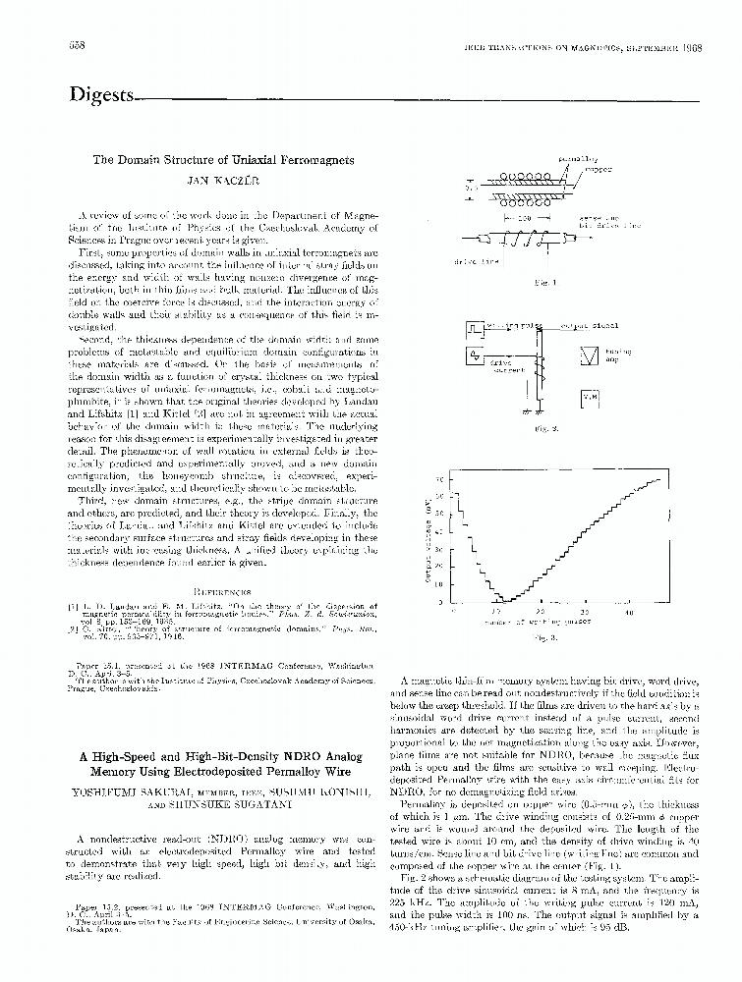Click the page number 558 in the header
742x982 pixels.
(x=78, y=47)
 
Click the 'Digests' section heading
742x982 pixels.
(x=100, y=95)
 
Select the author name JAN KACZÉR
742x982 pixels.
(x=224, y=181)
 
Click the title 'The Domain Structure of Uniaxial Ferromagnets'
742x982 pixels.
(x=224, y=159)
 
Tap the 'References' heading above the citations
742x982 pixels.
(x=224, y=591)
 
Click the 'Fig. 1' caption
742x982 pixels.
(x=540, y=283)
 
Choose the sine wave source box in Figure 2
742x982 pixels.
(x=476, y=354)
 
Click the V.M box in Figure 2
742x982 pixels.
(x=590, y=397)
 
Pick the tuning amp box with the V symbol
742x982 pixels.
(x=590, y=355)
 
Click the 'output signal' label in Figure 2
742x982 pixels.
(x=589, y=325)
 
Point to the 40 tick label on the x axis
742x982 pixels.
(x=629, y=612)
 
